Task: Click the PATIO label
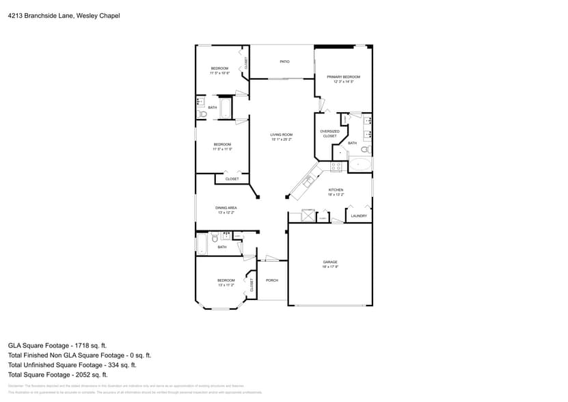pyautogui.click(x=284, y=62)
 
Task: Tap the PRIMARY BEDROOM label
pyautogui.click(x=343, y=77)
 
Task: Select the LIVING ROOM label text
pyautogui.click(x=281, y=135)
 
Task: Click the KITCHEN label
pyautogui.click(x=336, y=190)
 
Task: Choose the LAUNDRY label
pyautogui.click(x=359, y=216)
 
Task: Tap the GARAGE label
pyautogui.click(x=330, y=262)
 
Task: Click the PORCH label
pyautogui.click(x=272, y=280)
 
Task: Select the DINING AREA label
pyautogui.click(x=226, y=207)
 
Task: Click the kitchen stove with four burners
pyautogui.click(x=336, y=166)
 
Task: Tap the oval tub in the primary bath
pyautogui.click(x=360, y=164)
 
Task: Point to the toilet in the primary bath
pyautogui.click(x=366, y=149)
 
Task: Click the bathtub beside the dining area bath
pyautogui.click(x=202, y=243)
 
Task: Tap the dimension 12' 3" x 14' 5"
pyautogui.click(x=343, y=81)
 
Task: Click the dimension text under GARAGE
pyautogui.click(x=330, y=267)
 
